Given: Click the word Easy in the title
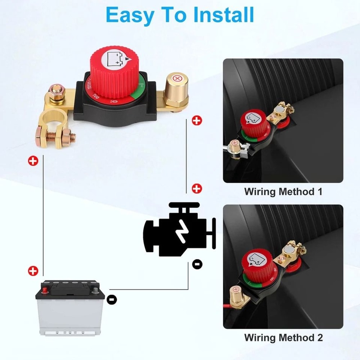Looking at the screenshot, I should click(131, 15).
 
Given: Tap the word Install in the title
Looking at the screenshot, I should click(224, 15).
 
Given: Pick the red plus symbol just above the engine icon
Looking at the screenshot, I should click(197, 188).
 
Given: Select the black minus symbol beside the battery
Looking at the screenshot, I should click(112, 298).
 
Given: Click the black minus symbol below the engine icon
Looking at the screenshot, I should click(197, 264).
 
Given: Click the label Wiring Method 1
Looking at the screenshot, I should click(283, 192).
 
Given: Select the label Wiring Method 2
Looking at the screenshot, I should click(283, 338).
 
